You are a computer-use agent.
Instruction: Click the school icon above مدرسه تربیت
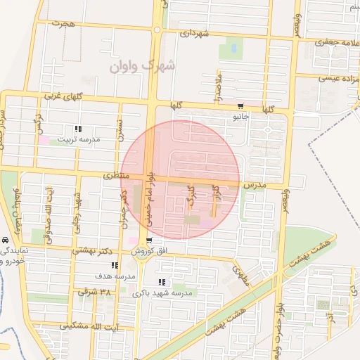77,129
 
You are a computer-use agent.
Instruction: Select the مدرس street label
253,184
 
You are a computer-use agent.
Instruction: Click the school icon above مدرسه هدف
114,265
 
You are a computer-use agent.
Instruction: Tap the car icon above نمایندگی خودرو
5,240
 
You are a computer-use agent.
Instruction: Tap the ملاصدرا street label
219,84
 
